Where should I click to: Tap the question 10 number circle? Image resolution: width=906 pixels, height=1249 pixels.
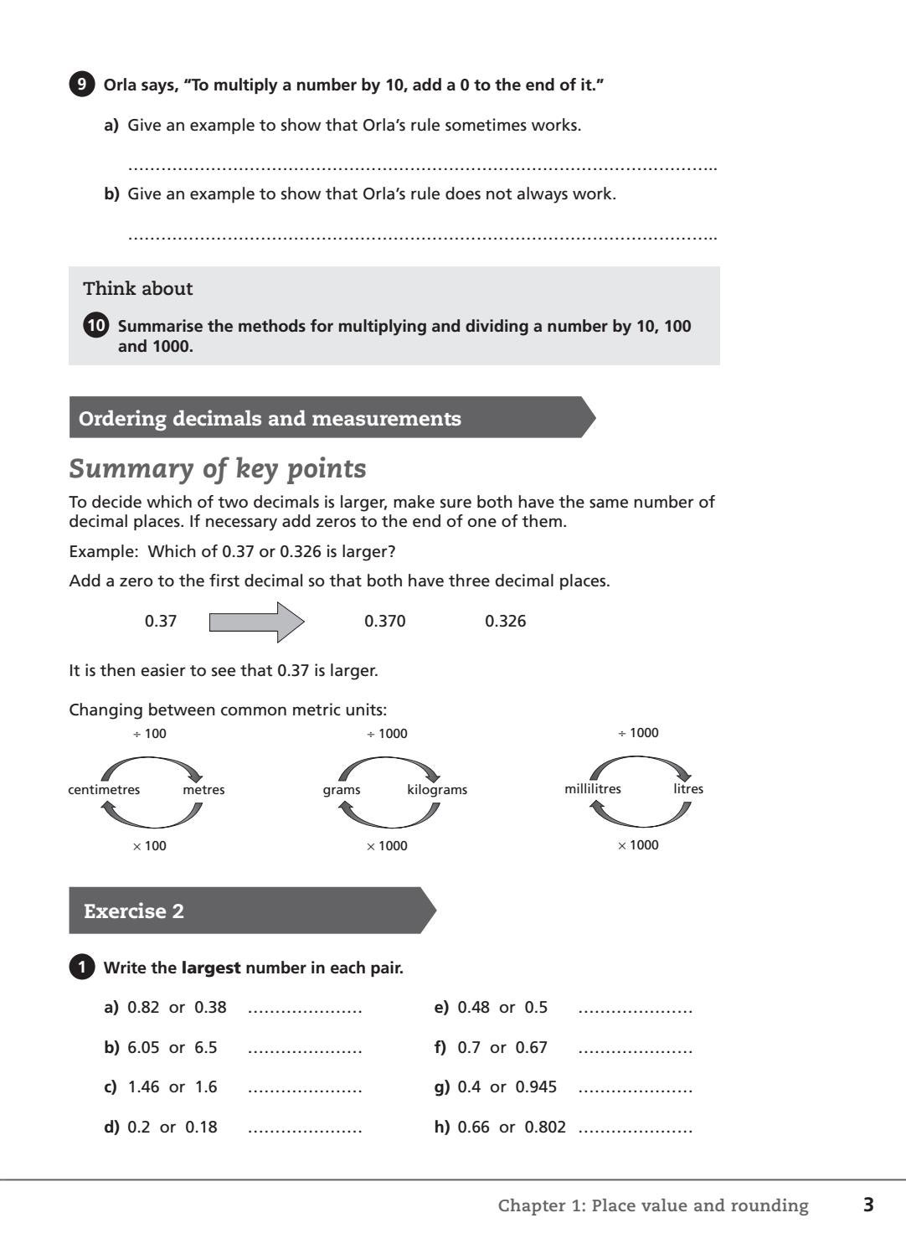(96, 326)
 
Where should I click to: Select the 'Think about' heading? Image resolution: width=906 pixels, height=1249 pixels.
(138, 289)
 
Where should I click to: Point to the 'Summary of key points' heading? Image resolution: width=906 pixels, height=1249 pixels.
(218, 468)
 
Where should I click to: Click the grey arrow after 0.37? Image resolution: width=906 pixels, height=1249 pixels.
(256, 622)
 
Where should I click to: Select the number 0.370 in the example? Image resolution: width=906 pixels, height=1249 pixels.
(385, 622)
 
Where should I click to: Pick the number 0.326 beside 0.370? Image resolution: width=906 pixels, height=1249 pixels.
(506, 622)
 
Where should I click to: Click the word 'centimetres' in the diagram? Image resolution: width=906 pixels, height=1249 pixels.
(104, 790)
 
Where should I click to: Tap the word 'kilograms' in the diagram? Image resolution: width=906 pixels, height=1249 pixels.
(437, 790)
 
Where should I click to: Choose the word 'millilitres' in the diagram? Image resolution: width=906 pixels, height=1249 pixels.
(593, 789)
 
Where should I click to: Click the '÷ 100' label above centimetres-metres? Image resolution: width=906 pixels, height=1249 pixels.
(150, 734)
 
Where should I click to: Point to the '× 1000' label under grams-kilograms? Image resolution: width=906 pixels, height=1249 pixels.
(387, 846)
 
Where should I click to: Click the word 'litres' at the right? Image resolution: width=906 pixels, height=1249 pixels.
(688, 789)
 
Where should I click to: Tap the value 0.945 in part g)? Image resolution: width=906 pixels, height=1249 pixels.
(536, 1087)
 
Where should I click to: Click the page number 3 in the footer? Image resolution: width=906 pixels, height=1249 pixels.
(868, 1205)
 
